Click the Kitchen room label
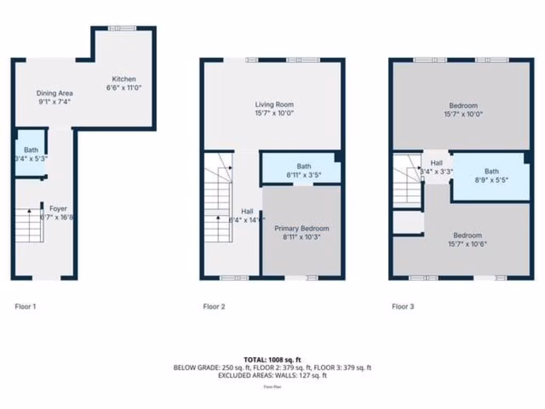123,79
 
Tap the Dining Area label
54,93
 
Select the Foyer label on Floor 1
59,209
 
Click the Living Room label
274,104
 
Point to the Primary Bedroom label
301,228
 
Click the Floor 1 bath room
30,154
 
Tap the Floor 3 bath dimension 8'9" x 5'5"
491,179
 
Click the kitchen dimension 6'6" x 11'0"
123,88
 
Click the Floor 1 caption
25,306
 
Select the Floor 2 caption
214,306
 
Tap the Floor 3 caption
403,306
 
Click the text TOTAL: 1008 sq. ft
272,360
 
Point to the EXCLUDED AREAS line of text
272,375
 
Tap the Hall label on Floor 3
436,163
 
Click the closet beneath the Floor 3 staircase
408,222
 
